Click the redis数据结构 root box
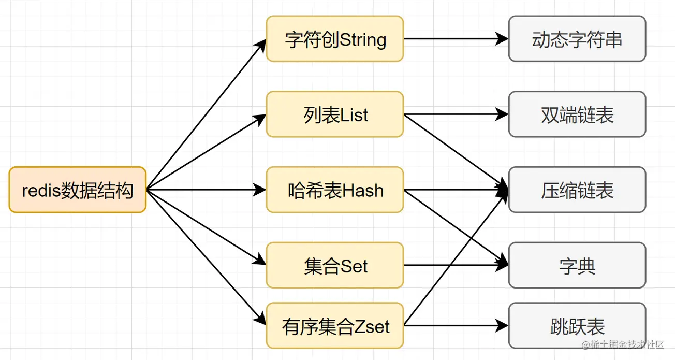(78, 190)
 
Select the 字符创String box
(334, 39)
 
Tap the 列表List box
(334, 114)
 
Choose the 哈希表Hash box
(334, 190)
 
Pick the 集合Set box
(334, 266)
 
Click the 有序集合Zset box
(334, 326)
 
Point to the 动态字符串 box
(577, 39)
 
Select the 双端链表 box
(577, 114)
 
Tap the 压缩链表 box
(577, 190)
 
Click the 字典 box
(577, 266)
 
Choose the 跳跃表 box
(577, 326)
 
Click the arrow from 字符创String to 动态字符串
(456, 39)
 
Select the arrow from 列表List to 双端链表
(456, 114)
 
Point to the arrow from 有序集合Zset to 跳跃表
(456, 326)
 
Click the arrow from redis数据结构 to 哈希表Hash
(207, 190)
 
